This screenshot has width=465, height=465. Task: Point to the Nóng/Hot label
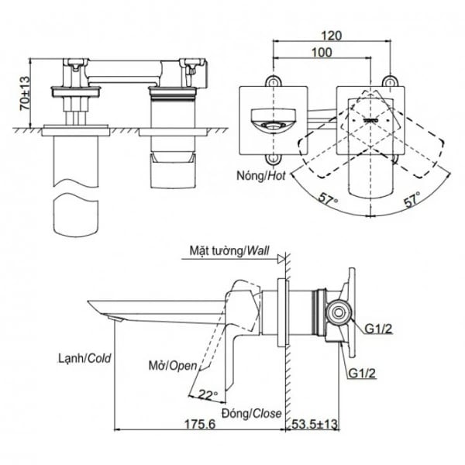click(x=261, y=176)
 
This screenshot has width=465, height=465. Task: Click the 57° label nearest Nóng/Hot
click(x=327, y=200)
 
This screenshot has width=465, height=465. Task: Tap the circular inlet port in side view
click(x=337, y=312)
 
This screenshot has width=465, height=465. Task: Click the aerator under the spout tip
click(x=116, y=319)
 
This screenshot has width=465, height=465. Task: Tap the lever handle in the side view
click(x=236, y=333)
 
